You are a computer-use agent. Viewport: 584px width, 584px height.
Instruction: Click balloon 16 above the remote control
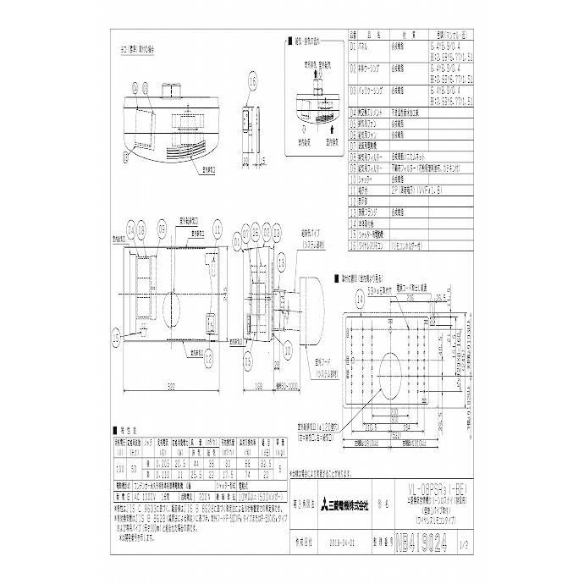[252, 81]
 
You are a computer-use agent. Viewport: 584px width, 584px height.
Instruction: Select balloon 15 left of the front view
[115, 336]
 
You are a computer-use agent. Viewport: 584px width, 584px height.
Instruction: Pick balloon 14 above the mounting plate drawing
[360, 300]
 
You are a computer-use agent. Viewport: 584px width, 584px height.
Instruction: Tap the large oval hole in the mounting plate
[393, 372]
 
